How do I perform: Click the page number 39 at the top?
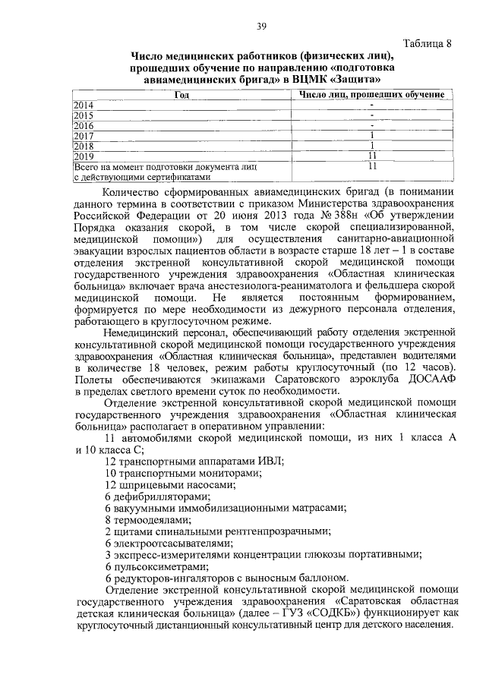click(x=260, y=27)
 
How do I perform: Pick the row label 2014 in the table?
click(x=84, y=105)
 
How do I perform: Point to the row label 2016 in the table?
click(x=84, y=125)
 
